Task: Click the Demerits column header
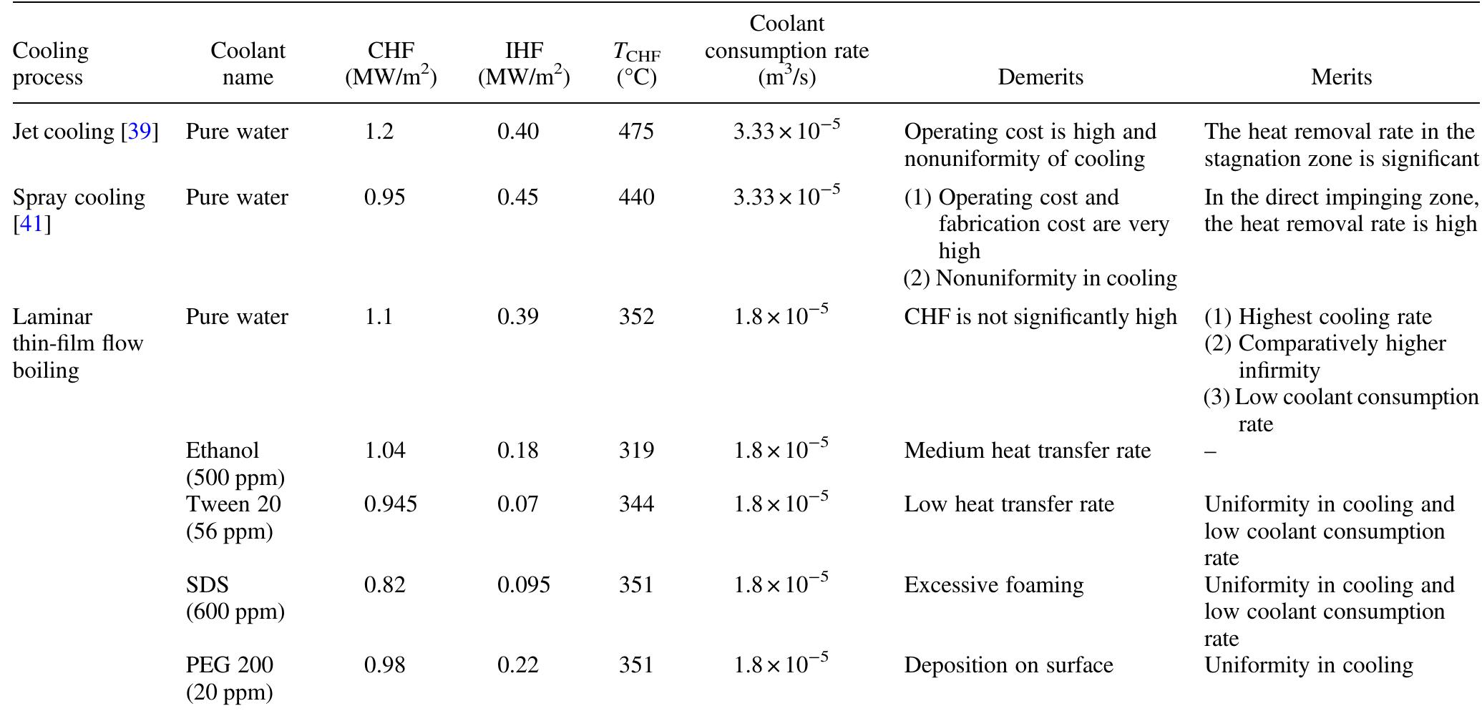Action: [1040, 77]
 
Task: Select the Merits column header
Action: [1340, 77]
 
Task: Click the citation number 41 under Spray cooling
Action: [31, 225]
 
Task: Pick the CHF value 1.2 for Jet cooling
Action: [379, 132]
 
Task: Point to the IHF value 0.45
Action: [518, 197]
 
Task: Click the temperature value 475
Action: [636, 132]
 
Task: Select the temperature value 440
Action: [636, 197]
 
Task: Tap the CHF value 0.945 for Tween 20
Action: [391, 505]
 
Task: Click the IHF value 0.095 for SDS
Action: [524, 585]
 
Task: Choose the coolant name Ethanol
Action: [222, 451]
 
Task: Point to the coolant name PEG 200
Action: [229, 665]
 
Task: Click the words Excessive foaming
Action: [993, 585]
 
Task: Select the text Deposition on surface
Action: [1008, 665]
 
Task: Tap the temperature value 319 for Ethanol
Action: [636, 451]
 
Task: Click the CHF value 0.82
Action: [385, 585]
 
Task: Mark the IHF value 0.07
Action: [518, 505]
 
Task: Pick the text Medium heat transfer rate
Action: [1027, 451]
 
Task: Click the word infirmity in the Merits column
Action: [1279, 371]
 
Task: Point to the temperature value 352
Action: [636, 317]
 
